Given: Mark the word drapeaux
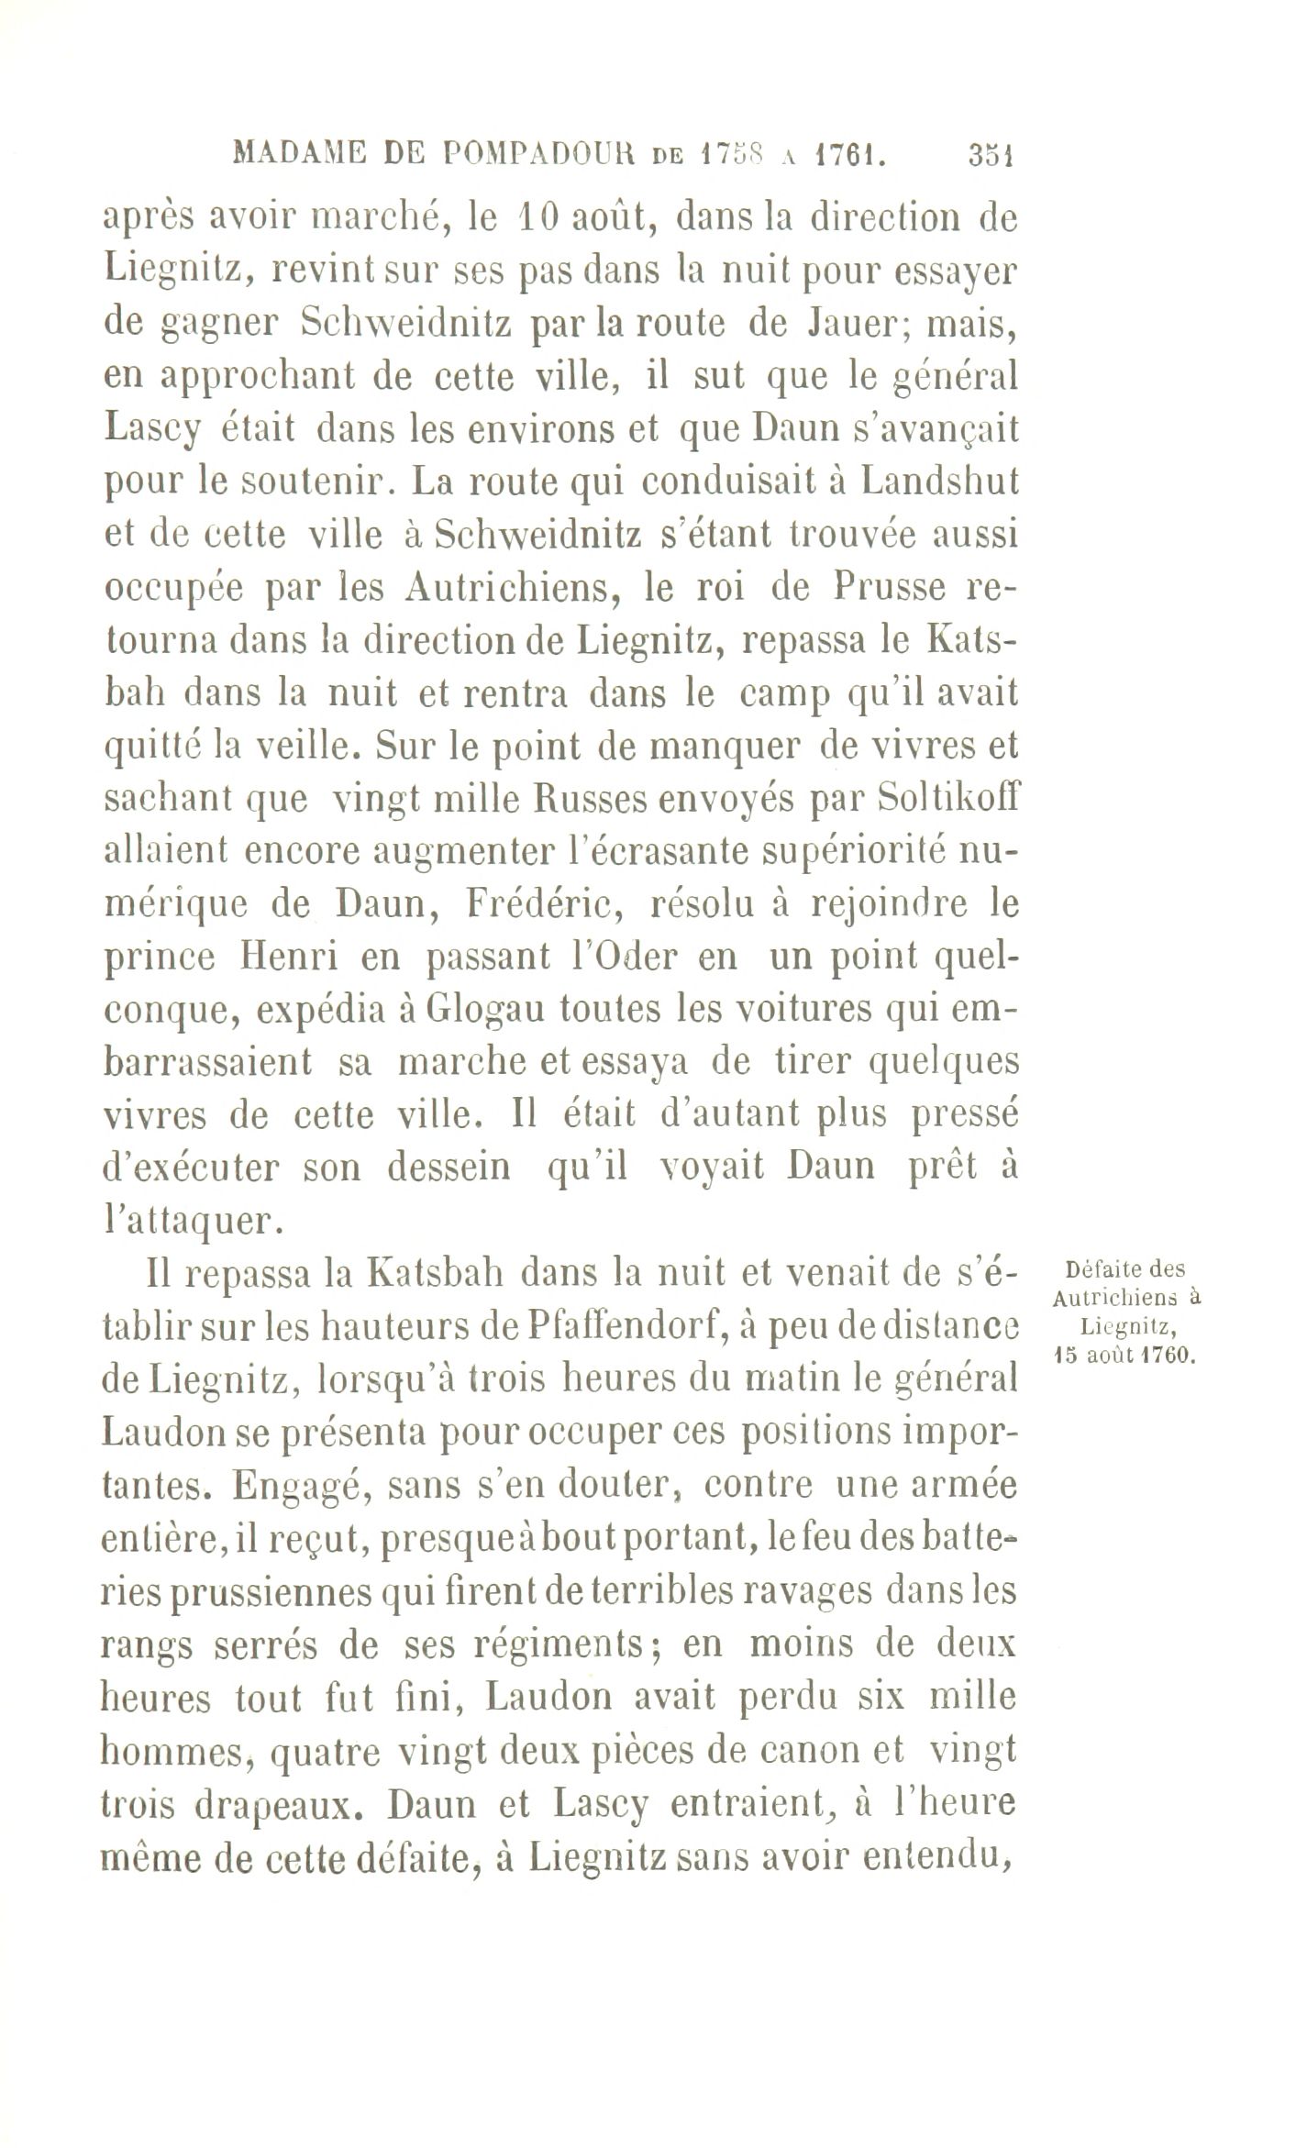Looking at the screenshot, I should point(283,1803).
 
